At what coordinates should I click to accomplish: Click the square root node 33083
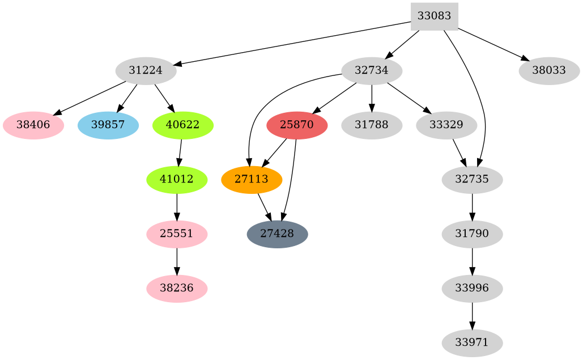pyautogui.click(x=434, y=16)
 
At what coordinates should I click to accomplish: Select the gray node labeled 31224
pyautogui.click(x=146, y=71)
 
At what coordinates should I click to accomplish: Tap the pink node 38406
pyautogui.click(x=33, y=125)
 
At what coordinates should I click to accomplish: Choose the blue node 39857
pyautogui.click(x=108, y=125)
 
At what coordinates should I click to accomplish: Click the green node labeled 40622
pyautogui.click(x=183, y=125)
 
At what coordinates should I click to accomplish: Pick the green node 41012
pyautogui.click(x=177, y=180)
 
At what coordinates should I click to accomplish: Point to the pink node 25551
pyautogui.click(x=177, y=234)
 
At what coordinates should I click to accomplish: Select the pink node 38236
pyautogui.click(x=177, y=289)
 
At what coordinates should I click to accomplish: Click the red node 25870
pyautogui.click(x=297, y=125)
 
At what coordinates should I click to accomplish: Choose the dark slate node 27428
pyautogui.click(x=278, y=234)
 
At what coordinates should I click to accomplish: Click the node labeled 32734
pyautogui.click(x=372, y=71)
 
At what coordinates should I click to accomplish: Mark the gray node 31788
pyautogui.click(x=372, y=125)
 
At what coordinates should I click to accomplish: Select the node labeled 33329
pyautogui.click(x=446, y=125)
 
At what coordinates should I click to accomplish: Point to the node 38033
pyautogui.click(x=548, y=71)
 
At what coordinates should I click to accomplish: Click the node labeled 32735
pyautogui.click(x=472, y=180)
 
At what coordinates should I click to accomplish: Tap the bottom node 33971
pyautogui.click(x=472, y=343)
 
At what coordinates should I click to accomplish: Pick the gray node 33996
pyautogui.click(x=472, y=289)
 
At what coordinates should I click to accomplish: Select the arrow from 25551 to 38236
pyautogui.click(x=177, y=261)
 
